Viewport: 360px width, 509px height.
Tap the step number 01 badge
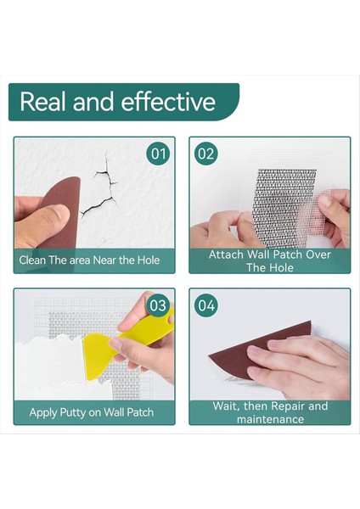tap(158, 154)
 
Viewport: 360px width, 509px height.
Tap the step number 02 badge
tap(206, 154)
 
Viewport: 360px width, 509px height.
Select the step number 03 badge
tap(158, 305)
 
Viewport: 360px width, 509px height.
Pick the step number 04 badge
tap(206, 305)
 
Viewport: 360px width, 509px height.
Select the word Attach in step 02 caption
tap(228, 255)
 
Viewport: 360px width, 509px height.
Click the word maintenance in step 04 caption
tap(270, 418)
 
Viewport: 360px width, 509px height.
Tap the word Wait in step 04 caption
tap(228, 406)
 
